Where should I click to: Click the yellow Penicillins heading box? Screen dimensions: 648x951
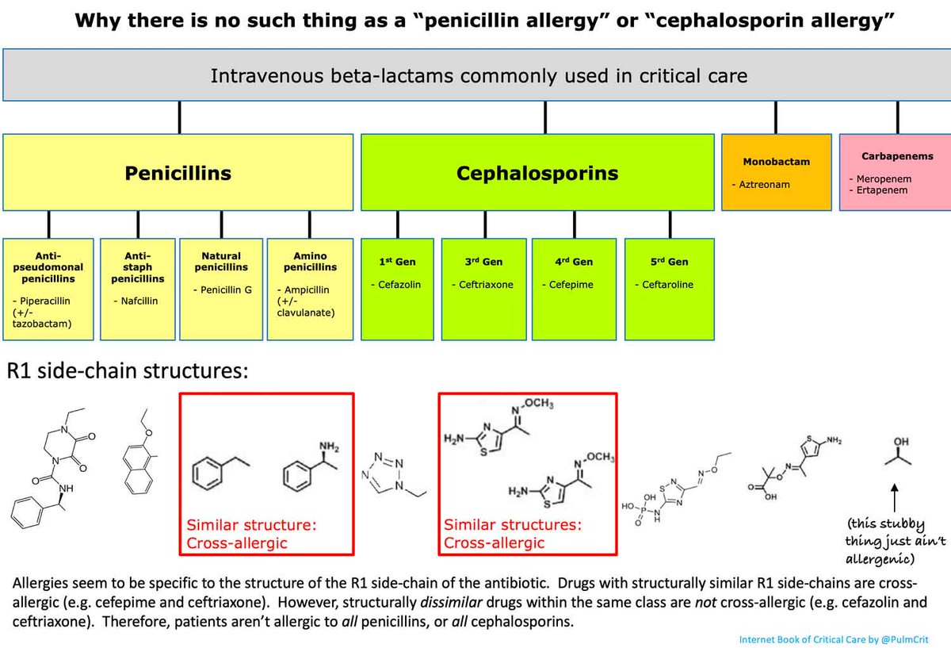(x=178, y=173)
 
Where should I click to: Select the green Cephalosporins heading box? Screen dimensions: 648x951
(x=537, y=173)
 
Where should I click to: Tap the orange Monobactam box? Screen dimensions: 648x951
(x=776, y=172)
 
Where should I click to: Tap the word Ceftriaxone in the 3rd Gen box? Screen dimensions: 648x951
(x=487, y=285)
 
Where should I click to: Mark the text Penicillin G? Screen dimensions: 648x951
(x=226, y=290)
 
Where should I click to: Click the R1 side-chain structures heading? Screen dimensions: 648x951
(x=116, y=371)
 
